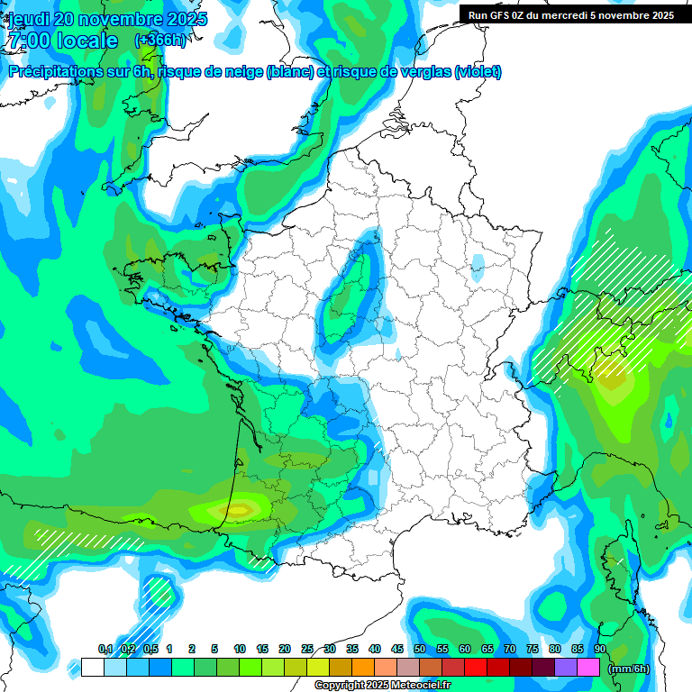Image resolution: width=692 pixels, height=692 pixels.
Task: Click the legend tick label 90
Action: click(x=599, y=649)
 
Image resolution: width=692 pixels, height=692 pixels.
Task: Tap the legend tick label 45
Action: click(x=397, y=649)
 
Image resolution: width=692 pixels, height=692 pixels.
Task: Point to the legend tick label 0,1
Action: click(x=105, y=649)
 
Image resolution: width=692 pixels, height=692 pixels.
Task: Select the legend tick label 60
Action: click(x=465, y=649)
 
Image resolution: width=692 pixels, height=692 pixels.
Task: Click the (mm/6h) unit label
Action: click(x=629, y=669)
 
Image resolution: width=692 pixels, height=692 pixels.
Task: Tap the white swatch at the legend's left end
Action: click(x=92, y=668)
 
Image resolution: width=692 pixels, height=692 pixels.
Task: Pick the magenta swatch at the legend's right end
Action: click(x=588, y=668)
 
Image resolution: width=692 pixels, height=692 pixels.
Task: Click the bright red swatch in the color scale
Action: click(x=476, y=668)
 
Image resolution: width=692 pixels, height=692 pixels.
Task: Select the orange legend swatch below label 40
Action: click(x=363, y=668)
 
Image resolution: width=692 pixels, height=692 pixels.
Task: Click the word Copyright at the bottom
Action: click(x=340, y=686)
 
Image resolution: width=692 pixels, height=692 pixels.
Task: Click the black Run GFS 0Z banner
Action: click(x=571, y=14)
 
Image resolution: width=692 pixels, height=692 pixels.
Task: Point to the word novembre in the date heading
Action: click(x=116, y=19)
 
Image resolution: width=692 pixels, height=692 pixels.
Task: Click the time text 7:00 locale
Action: click(x=62, y=41)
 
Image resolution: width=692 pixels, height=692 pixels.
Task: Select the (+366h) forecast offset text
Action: click(x=159, y=41)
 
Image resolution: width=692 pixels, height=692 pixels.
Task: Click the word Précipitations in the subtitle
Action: click(x=53, y=72)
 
